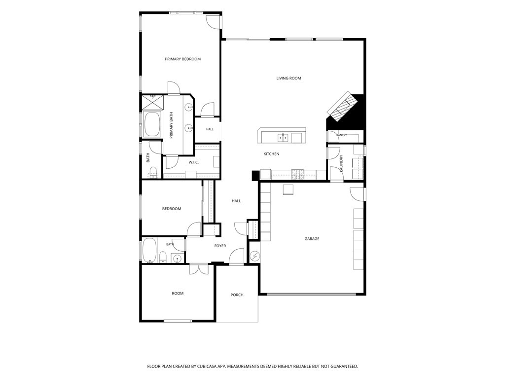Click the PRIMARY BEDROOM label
coord(182,59)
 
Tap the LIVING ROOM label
coord(289,78)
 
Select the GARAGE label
coord(312,239)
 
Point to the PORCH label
coord(237,295)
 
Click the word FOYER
coord(220,246)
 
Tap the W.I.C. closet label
coord(193,162)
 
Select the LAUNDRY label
coord(341,163)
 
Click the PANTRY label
coord(342,135)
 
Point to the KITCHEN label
coord(271,154)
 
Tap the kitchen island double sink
coord(283,138)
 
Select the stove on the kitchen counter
coord(297,174)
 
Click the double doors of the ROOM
coord(199,269)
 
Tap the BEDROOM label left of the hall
coord(171,209)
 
